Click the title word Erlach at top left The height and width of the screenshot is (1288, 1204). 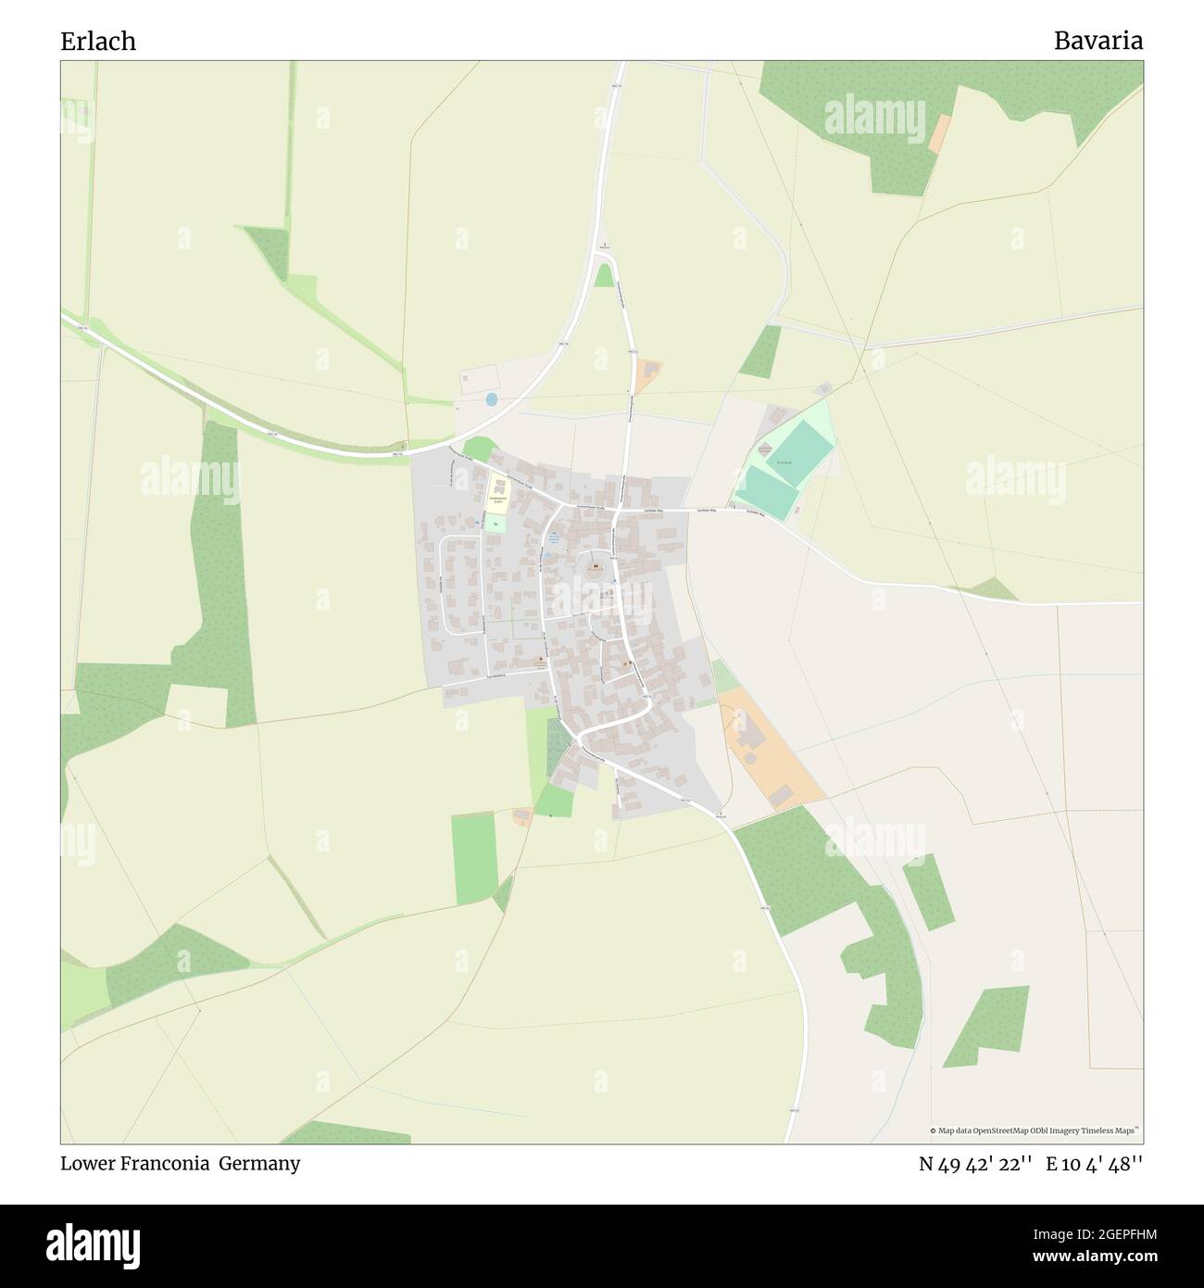coord(98,42)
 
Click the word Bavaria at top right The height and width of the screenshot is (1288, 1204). coord(1097,42)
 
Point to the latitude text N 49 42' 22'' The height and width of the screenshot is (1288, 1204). coord(975,1164)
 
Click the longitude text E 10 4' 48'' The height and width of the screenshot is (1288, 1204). coord(1094,1164)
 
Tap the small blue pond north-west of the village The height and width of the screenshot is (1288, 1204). coord(491,399)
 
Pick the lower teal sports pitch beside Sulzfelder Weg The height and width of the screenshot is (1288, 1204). coord(767,492)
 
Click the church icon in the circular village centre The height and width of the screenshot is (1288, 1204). coord(596,566)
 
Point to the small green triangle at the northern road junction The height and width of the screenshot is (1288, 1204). coord(605,275)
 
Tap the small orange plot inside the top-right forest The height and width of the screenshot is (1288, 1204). coord(939,135)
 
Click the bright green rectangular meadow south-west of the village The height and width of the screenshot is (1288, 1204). coord(474,858)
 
